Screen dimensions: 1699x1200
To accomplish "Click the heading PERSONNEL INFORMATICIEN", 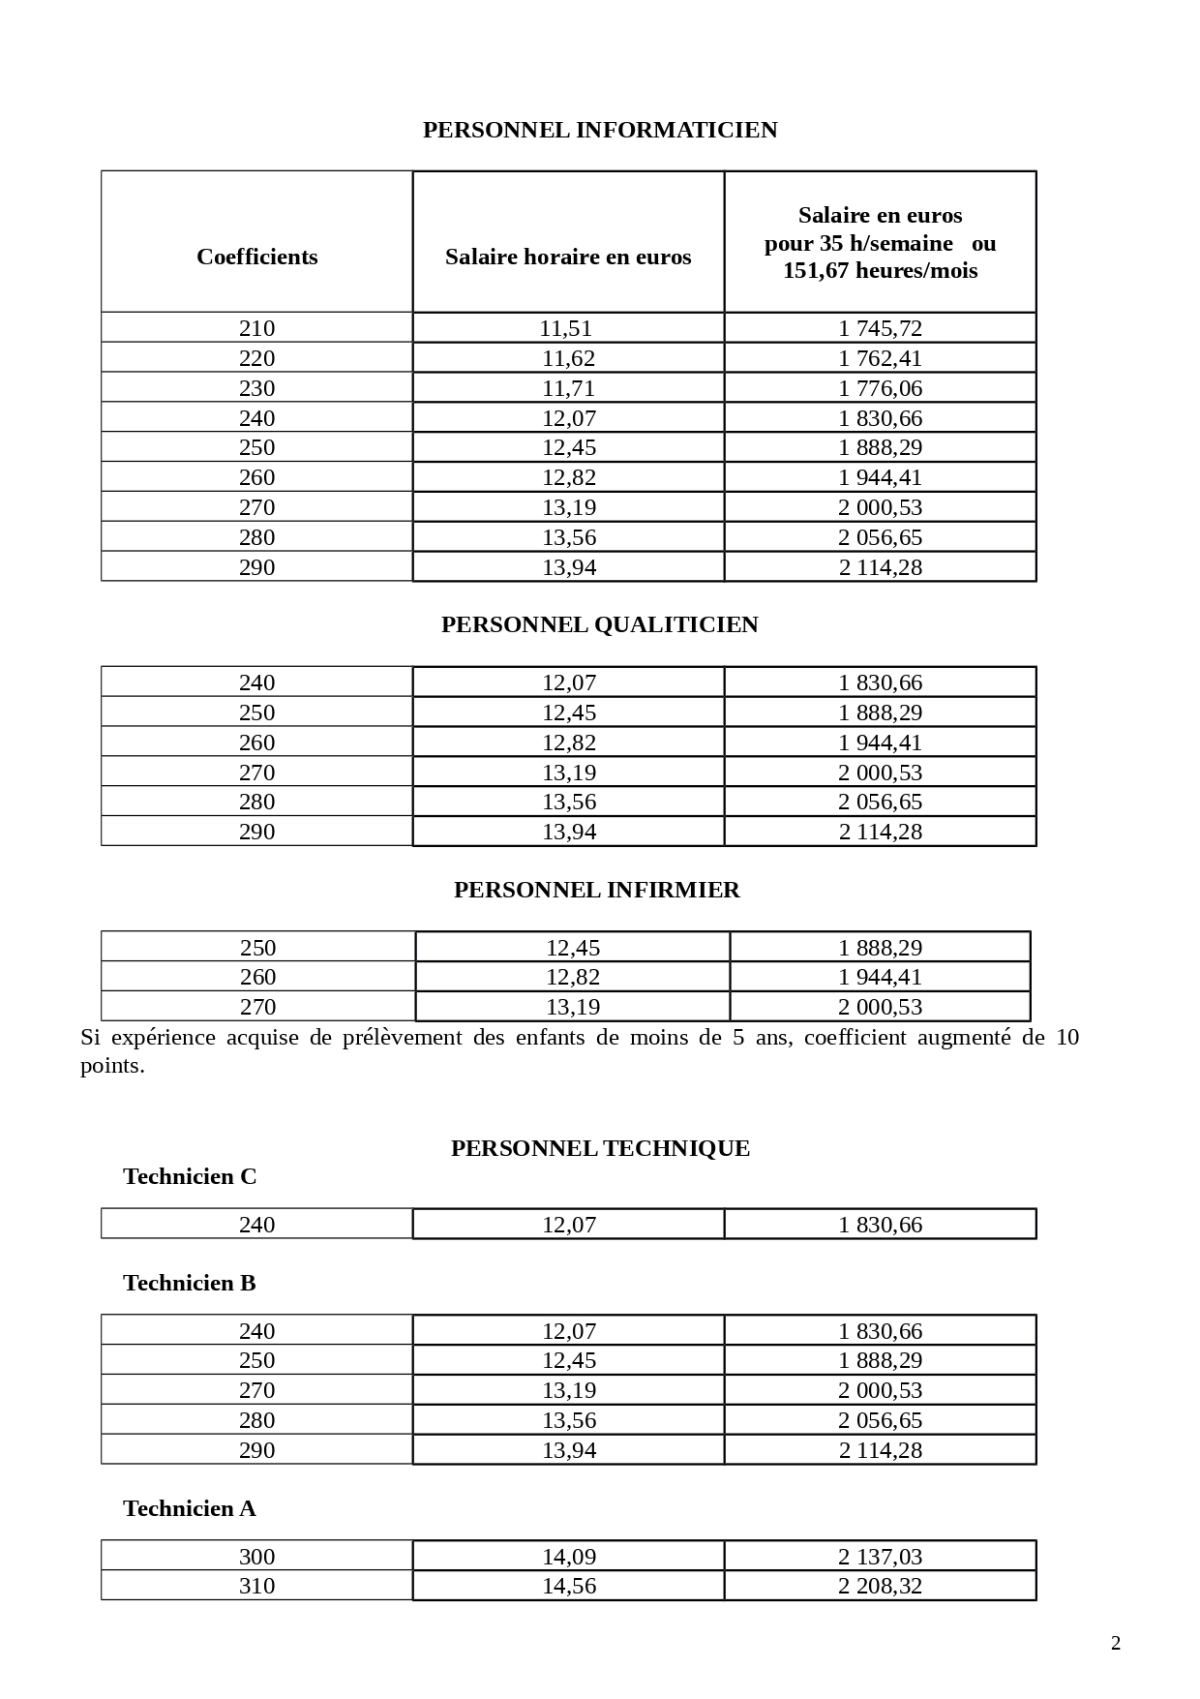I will pos(600,130).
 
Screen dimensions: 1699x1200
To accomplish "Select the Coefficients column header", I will pos(256,257).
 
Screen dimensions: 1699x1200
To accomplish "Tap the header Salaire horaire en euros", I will pos(568,257).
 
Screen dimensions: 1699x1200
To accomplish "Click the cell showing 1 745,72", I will pos(880,328).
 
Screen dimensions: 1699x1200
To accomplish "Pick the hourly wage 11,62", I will pos(568,358).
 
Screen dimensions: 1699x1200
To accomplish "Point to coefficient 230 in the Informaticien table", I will pos(256,388).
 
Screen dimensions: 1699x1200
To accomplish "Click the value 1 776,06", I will pos(880,388).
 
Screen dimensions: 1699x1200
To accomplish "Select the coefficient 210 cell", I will pos(256,328).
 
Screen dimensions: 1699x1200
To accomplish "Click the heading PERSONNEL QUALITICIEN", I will pos(600,624).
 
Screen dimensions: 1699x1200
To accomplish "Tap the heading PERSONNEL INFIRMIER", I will pos(597,890).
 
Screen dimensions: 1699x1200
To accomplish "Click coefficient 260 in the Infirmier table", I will pos(257,977).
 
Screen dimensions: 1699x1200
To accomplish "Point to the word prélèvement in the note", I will pos(402,1038).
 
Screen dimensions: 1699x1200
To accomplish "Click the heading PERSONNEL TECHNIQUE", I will pos(600,1148).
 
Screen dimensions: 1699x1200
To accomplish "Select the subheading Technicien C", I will pos(190,1176).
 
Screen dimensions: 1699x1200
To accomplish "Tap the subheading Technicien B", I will pos(190,1283).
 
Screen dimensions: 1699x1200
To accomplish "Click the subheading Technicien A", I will pos(190,1508).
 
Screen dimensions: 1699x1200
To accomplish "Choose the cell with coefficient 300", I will pos(256,1557).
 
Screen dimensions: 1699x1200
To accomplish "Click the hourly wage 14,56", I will pos(568,1586).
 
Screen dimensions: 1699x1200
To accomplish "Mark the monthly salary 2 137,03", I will pos(880,1557).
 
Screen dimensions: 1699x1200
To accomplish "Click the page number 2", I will pos(1115,1643).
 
